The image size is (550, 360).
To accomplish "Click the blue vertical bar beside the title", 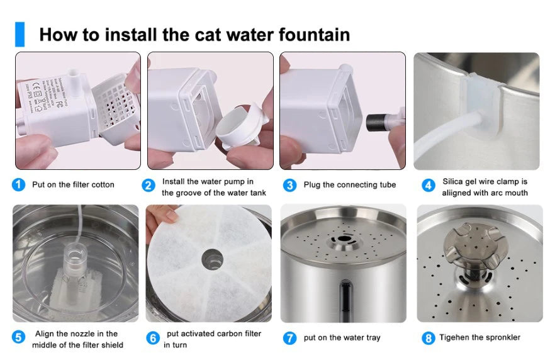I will [x=20, y=34].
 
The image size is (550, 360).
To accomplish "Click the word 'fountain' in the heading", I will [x=310, y=34].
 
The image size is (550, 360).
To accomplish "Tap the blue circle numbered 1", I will [x=19, y=184].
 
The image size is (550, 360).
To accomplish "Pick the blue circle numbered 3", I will [x=289, y=185].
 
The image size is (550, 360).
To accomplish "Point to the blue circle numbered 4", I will [x=429, y=185].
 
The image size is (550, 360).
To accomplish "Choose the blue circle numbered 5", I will [x=19, y=337].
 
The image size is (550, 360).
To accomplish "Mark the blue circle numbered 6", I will [x=153, y=338].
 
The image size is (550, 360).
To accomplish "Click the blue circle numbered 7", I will [x=289, y=338].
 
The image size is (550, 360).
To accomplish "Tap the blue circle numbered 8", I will [x=429, y=338].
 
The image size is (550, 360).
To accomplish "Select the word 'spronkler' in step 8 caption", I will [x=499, y=337].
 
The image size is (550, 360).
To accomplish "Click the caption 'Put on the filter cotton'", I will [x=73, y=184].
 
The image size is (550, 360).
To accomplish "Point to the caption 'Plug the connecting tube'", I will [x=349, y=184].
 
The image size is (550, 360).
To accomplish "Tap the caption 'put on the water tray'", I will [x=342, y=337].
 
